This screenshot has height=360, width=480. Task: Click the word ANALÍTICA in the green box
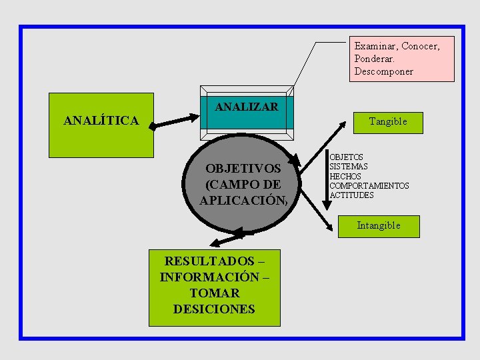pos(101,121)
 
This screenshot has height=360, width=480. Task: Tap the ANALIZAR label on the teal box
pos(247,107)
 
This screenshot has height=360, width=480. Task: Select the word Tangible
pos(388,121)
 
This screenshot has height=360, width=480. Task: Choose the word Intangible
pos(379,225)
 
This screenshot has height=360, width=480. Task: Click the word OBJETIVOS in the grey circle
pos(243,169)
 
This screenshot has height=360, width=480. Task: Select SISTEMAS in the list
pos(349,167)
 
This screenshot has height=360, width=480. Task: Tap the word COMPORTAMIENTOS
pos(369,186)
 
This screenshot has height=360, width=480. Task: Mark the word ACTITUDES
pos(352,195)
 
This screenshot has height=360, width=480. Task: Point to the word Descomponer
pos(384,71)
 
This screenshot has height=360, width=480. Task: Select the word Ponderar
pos(375,59)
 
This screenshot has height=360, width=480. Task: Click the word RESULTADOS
pos(209,261)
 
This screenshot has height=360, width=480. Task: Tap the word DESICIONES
pos(214,309)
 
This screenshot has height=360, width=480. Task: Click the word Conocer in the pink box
pos(420,46)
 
